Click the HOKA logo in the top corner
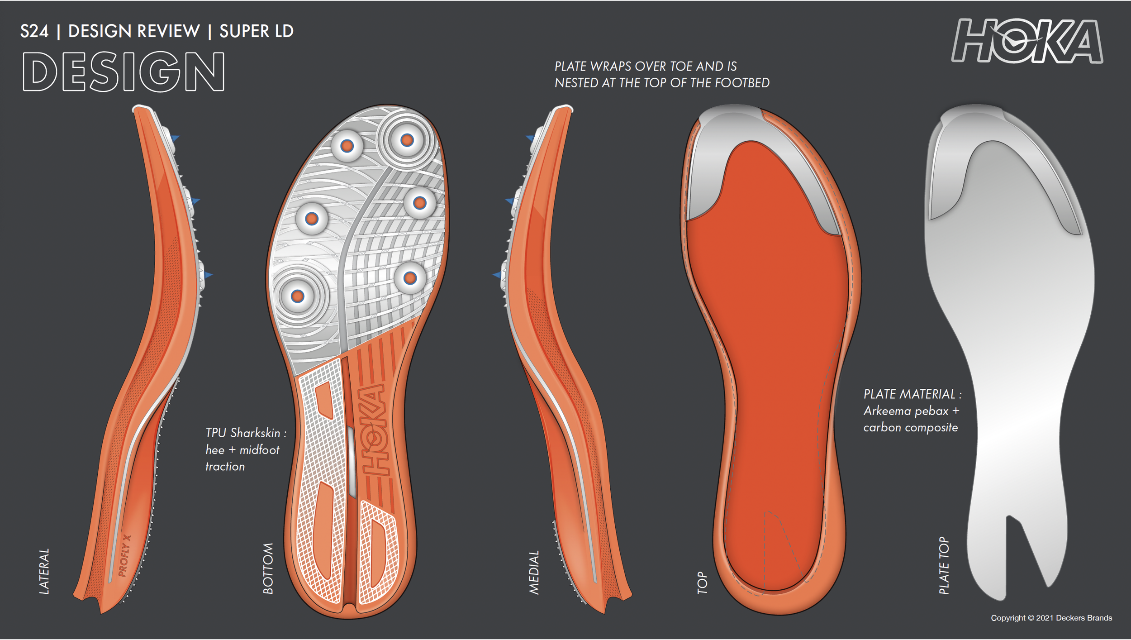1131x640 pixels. [x=1027, y=41]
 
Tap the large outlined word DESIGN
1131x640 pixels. [x=124, y=72]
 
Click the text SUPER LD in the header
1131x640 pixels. [x=257, y=31]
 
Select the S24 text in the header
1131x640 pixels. [x=34, y=31]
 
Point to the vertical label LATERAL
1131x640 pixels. [x=44, y=571]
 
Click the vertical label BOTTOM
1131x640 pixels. [x=268, y=568]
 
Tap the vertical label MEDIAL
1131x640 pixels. [x=534, y=572]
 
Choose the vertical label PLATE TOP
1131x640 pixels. [x=944, y=565]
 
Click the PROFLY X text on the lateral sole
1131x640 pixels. [x=124, y=556]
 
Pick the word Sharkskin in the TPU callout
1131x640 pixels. [x=256, y=433]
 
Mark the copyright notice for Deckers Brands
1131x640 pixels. [x=1051, y=618]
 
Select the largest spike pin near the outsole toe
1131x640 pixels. [x=407, y=140]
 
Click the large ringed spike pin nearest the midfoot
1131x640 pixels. [x=297, y=296]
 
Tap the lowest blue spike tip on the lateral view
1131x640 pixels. [x=208, y=275]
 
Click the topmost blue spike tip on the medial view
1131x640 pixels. [x=530, y=138]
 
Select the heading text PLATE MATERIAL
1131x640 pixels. [x=909, y=394]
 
